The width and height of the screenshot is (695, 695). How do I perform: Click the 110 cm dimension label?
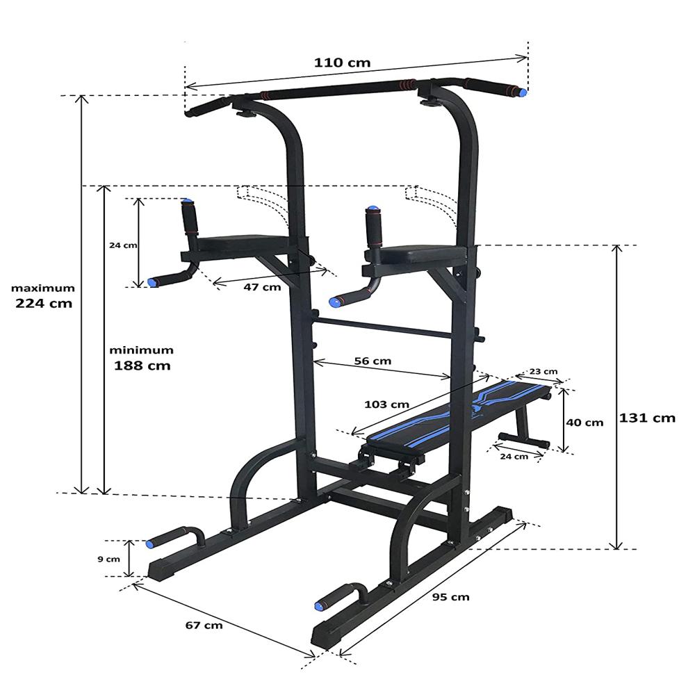(342, 63)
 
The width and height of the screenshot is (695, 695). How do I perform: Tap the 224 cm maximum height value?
(44, 303)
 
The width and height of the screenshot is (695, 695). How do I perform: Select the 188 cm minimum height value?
(142, 365)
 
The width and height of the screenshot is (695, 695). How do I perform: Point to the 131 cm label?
(647, 418)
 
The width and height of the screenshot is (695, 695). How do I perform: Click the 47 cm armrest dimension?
(261, 286)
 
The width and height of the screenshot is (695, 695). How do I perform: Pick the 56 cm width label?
(373, 361)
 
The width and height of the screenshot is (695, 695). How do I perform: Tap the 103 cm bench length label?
(386, 404)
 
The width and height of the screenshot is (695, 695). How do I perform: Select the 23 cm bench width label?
(543, 371)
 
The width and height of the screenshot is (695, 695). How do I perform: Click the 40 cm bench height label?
(584, 422)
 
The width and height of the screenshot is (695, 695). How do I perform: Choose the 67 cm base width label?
(204, 625)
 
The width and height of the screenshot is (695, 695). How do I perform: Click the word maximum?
(42, 288)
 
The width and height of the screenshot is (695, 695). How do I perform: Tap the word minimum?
(142, 350)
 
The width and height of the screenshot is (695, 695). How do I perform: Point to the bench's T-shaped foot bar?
(523, 441)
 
